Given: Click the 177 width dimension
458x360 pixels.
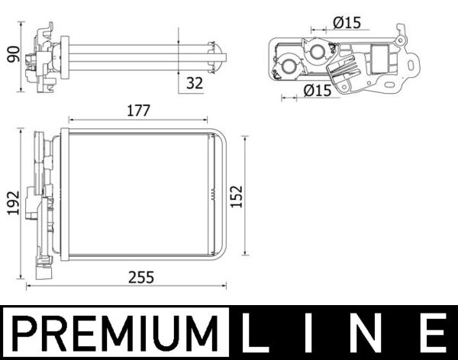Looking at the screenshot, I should (x=138, y=111).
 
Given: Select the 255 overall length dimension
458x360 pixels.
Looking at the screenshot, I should (x=141, y=278).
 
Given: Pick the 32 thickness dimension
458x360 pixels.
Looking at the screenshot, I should (x=195, y=83).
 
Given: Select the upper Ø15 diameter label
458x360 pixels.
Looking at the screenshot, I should (x=347, y=24).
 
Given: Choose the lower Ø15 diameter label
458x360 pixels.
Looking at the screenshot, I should (x=317, y=91).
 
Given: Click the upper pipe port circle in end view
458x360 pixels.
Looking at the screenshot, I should (x=317, y=51).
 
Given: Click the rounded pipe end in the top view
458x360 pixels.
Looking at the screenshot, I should (x=221, y=54).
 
